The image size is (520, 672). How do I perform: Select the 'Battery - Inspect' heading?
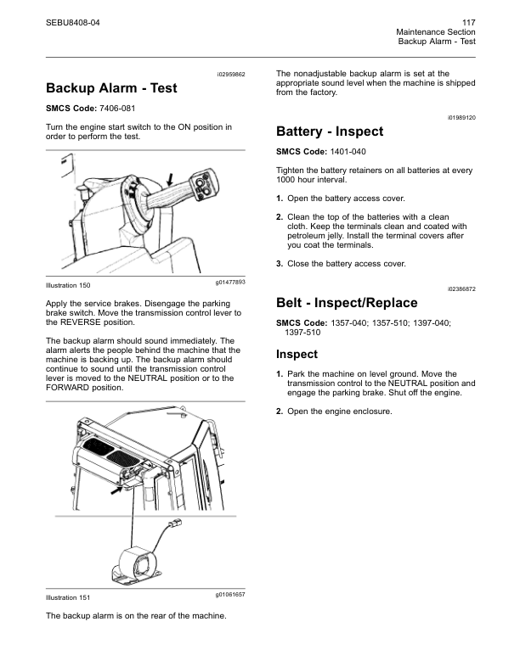click(x=330, y=132)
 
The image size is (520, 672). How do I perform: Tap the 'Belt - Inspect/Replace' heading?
click(x=347, y=303)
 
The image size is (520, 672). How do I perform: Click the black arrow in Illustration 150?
click(x=171, y=180)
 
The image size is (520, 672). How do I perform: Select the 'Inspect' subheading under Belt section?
click(x=297, y=355)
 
